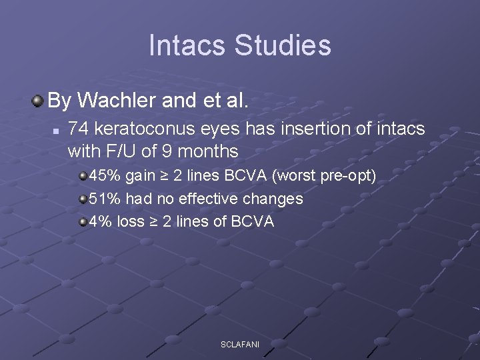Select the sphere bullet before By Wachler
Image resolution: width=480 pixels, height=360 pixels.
(x=38, y=101)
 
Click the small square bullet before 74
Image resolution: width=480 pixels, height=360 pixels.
(x=57, y=129)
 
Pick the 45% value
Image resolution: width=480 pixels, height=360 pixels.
(x=104, y=177)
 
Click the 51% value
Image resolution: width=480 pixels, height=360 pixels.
(x=104, y=199)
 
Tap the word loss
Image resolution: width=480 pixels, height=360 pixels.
(x=130, y=221)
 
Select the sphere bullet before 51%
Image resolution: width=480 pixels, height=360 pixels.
(x=83, y=199)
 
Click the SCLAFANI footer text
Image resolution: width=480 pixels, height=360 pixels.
(x=240, y=344)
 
